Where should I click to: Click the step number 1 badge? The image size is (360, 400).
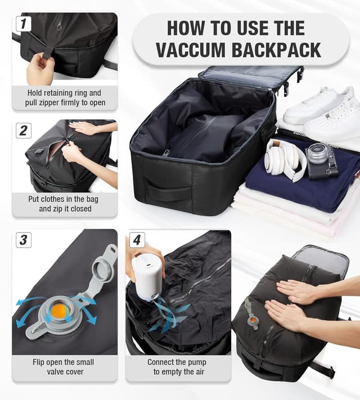coord(23,24)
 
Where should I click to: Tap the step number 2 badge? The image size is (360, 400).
coord(23,131)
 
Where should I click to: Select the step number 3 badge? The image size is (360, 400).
coord(23,240)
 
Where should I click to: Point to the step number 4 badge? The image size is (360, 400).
coord(137,240)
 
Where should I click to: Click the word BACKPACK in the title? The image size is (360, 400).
coord(280,49)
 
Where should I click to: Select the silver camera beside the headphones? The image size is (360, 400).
coord(322,160)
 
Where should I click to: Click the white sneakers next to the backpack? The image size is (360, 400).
coord(321,113)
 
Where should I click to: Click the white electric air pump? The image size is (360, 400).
coord(147,279)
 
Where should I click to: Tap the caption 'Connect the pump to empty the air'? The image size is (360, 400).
coord(177,367)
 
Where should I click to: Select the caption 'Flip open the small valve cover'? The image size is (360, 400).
coord(63,367)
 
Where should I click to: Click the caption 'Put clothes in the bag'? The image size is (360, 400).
coord(63,204)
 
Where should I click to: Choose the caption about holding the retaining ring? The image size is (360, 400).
coord(63,98)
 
